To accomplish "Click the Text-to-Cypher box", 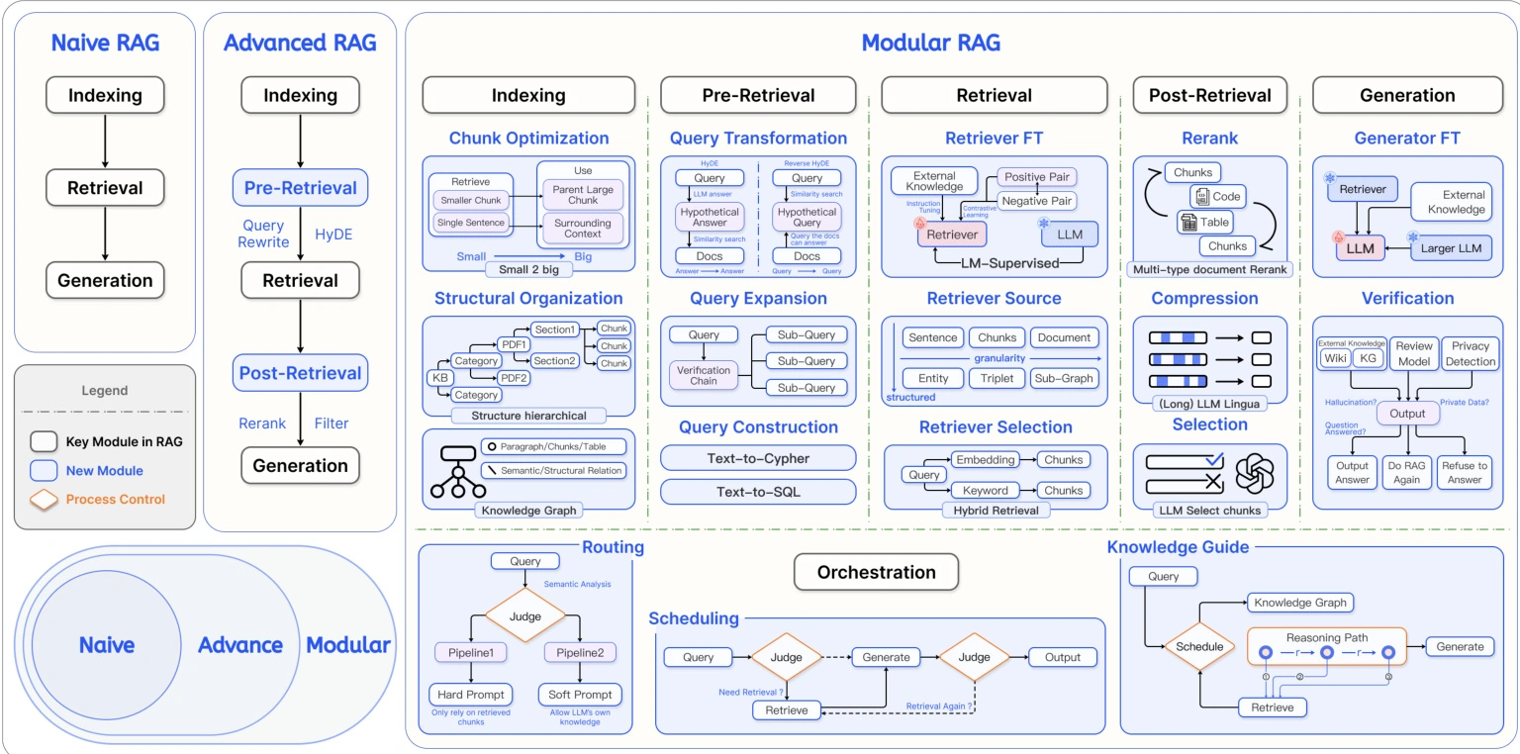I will coord(758,458).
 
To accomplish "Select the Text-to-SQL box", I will coord(758,492).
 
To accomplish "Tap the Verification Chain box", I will coord(704,375).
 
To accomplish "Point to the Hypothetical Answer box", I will coord(710,216).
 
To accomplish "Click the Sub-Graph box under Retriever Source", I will coord(1064,378).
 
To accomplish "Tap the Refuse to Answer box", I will coord(1465,472).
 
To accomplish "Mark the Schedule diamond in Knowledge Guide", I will coord(1199,646).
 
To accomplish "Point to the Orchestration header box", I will coord(876,572).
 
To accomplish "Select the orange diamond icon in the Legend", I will coord(45,500).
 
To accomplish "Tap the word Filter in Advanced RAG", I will coord(332,424).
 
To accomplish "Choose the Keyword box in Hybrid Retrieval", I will coord(986,490).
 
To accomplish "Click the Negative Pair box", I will coord(1036,201).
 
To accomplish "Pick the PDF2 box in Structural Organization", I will coord(515,378).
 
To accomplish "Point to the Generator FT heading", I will coord(1407,139).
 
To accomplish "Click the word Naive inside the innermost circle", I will coord(106,645).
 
